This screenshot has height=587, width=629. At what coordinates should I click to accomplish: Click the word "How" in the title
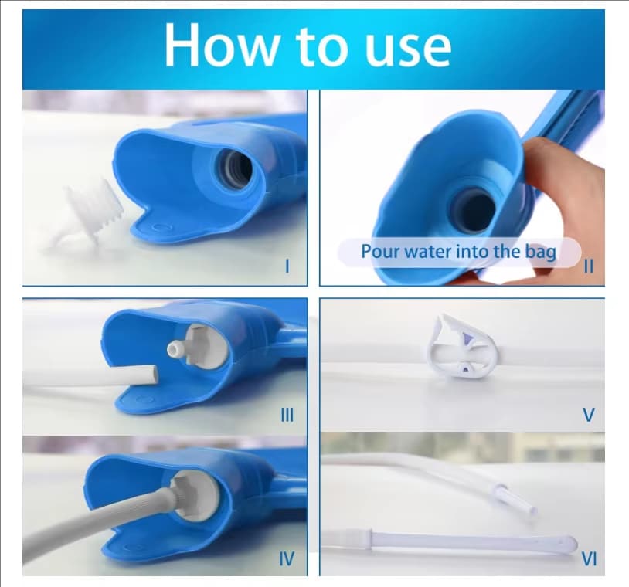(219, 44)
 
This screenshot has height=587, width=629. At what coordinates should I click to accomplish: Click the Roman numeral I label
(287, 266)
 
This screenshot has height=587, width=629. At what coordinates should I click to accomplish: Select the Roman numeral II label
(589, 266)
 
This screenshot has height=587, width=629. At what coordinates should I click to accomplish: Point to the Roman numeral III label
(287, 415)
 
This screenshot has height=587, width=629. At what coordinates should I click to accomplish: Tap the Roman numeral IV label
(287, 558)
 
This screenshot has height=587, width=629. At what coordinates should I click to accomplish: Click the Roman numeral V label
(589, 415)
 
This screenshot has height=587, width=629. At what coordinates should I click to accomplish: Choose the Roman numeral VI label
(589, 558)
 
